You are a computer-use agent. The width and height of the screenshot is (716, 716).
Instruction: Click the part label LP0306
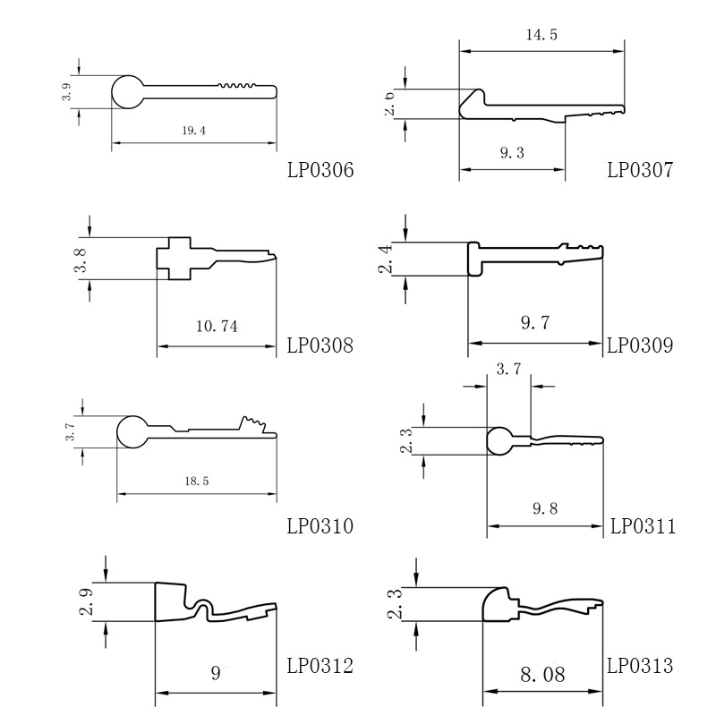[320, 168]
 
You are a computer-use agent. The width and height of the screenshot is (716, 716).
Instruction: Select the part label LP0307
[639, 168]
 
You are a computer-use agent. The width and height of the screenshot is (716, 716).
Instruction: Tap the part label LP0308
[320, 345]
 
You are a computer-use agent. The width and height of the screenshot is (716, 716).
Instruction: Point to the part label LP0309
[639, 345]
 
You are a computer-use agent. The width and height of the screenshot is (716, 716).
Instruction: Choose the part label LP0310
[320, 526]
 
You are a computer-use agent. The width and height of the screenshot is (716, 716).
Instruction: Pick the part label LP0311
[643, 526]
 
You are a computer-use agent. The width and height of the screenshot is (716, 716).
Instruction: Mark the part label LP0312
[320, 666]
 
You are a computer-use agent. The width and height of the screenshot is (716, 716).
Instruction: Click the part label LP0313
[639, 666]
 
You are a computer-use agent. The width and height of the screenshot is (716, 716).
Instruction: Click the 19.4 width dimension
[193, 131]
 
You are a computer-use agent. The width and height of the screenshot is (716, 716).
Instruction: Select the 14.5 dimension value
[541, 36]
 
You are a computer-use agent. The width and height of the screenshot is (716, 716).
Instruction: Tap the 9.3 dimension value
[512, 153]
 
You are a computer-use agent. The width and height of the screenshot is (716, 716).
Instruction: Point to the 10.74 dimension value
[216, 327]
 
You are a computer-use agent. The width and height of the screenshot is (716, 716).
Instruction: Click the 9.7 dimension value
[534, 322]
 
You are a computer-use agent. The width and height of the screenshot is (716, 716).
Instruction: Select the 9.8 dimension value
[544, 509]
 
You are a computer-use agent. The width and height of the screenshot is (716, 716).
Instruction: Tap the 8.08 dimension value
[542, 673]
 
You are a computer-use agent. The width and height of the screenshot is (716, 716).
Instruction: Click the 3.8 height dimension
[80, 259]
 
